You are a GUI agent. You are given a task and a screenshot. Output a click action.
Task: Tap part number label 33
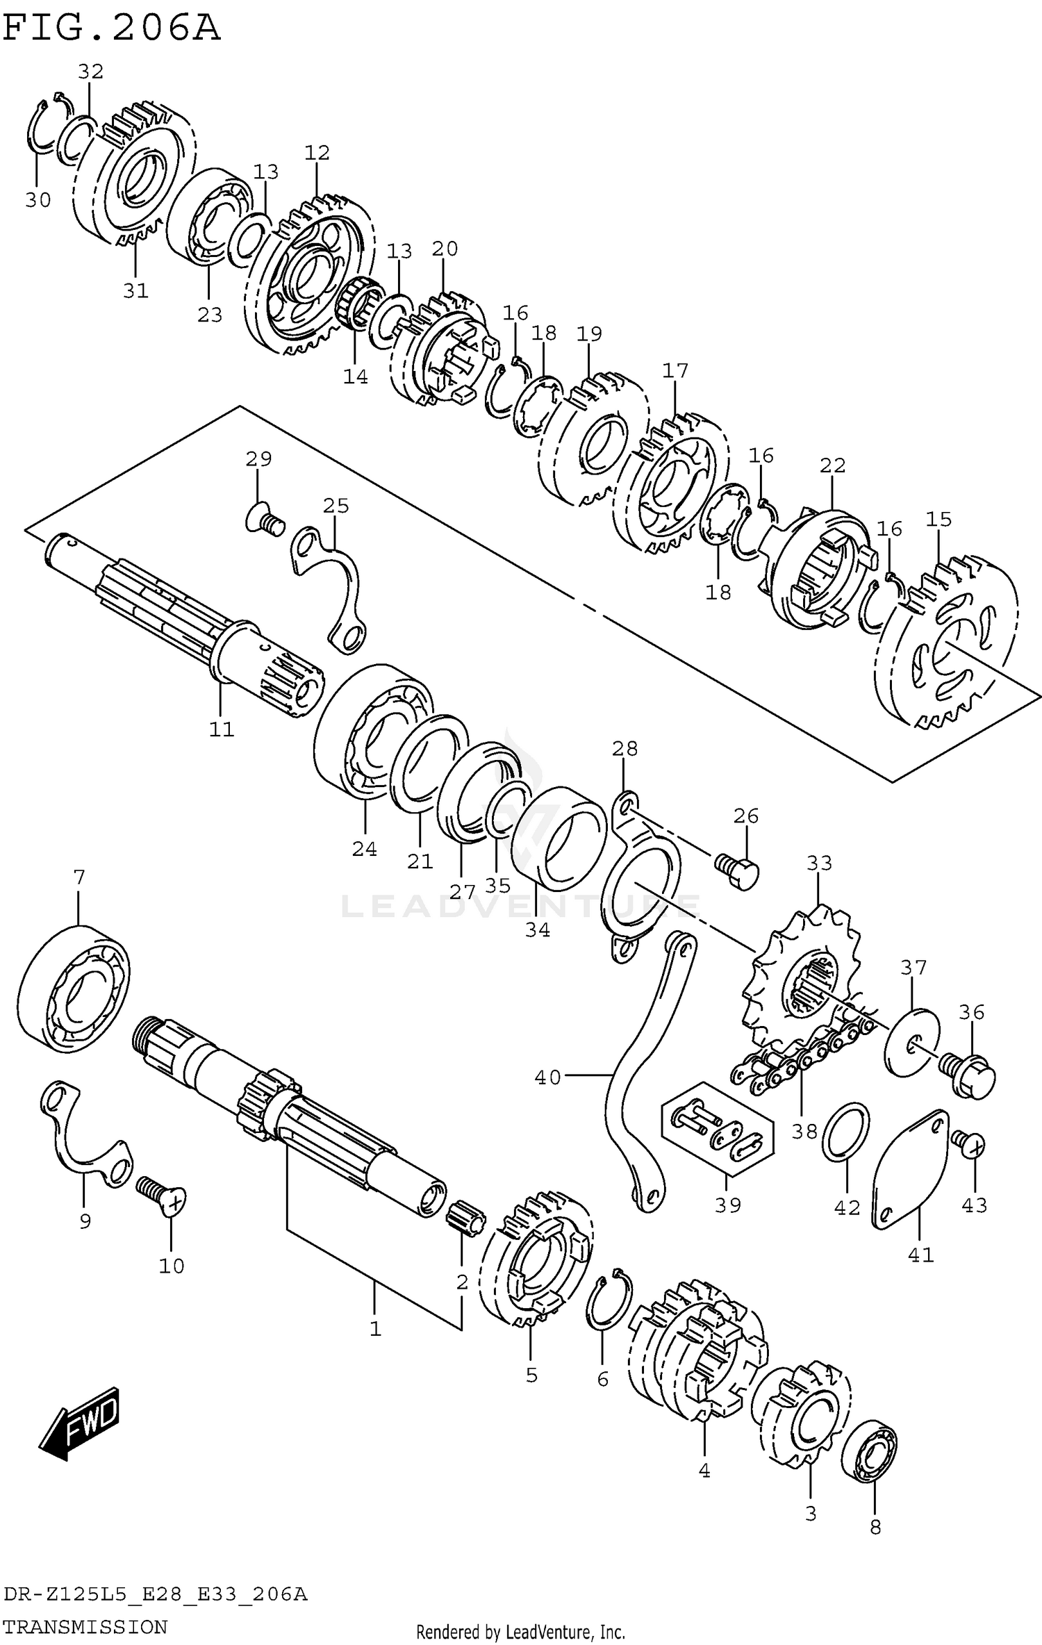[x=819, y=863]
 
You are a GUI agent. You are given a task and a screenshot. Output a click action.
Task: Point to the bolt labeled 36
[x=970, y=1075]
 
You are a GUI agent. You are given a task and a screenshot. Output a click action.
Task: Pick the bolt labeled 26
[x=738, y=868]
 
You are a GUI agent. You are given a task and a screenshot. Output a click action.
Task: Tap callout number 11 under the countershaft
[x=222, y=729]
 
